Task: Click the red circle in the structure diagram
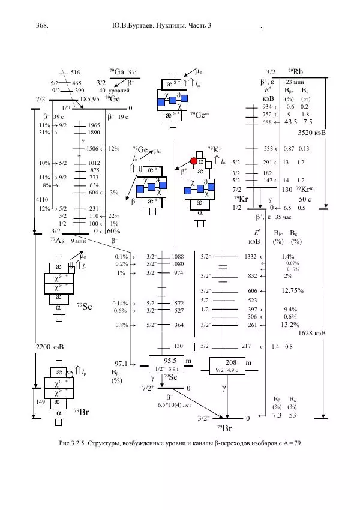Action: (x=194, y=161)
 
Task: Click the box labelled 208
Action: (x=231, y=365)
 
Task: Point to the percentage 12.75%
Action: (x=293, y=290)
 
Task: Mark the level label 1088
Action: (x=178, y=256)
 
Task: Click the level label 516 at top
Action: (x=75, y=73)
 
